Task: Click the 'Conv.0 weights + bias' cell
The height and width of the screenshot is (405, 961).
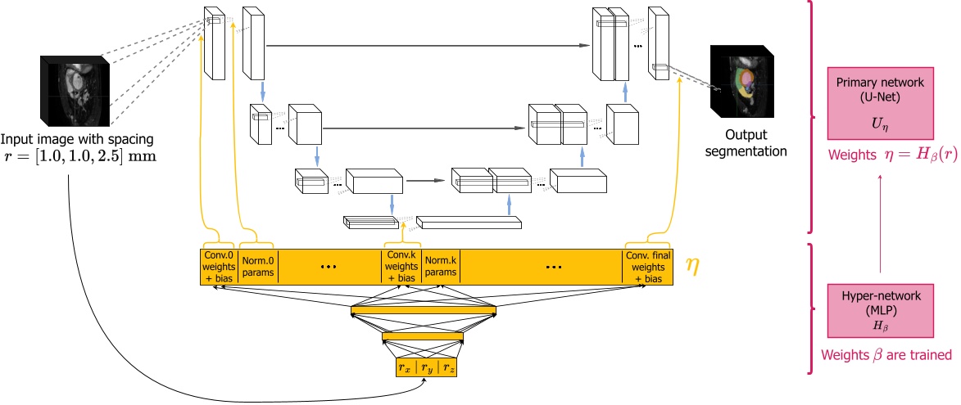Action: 218,266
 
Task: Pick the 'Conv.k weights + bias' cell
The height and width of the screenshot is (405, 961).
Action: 401,266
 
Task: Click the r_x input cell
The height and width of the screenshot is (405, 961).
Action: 406,367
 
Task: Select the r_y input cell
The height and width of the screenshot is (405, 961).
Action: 427,367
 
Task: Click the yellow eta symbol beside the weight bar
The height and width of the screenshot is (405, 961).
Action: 691,267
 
